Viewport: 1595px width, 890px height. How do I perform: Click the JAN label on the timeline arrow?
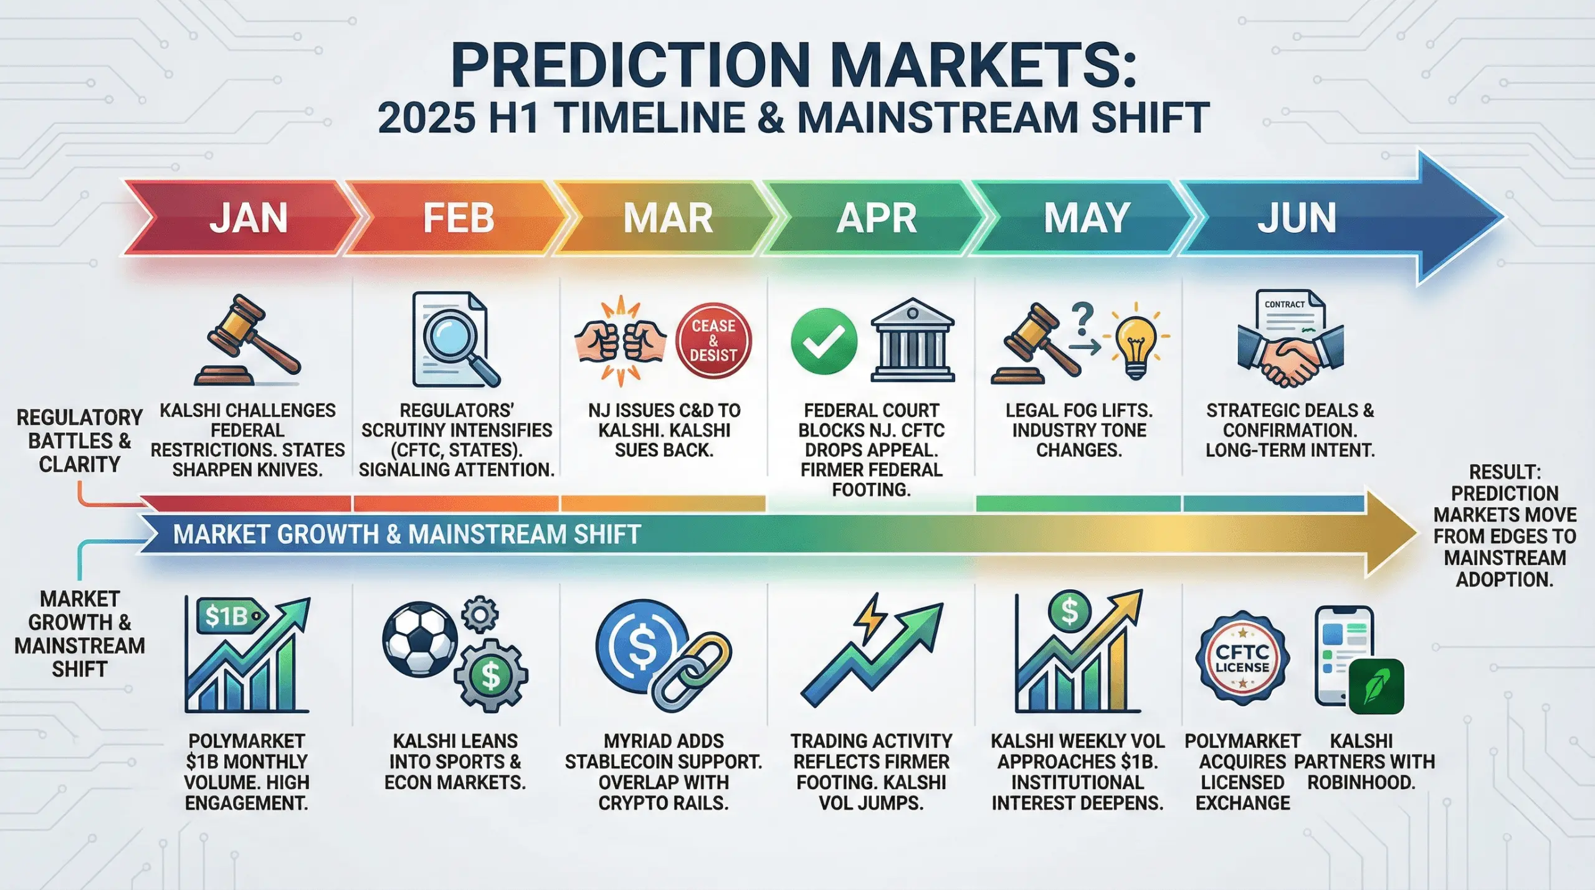pyautogui.click(x=248, y=218)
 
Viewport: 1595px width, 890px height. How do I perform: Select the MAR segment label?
pyautogui.click(x=668, y=218)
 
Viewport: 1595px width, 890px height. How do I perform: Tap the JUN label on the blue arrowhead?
pyautogui.click(x=1297, y=218)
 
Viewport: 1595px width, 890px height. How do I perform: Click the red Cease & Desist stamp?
pyautogui.click(x=713, y=341)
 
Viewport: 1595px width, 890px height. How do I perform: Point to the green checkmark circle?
pyautogui.click(x=824, y=341)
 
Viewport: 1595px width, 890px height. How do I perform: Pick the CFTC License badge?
pyautogui.click(x=1242, y=658)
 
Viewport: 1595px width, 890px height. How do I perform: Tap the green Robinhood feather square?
pyautogui.click(x=1376, y=686)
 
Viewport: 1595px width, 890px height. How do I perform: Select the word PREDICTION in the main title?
pyautogui.click(x=630, y=65)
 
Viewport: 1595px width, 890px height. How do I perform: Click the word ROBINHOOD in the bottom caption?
pyautogui.click(x=1361, y=782)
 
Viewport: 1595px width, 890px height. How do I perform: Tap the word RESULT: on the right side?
pyautogui.click(x=1504, y=472)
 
